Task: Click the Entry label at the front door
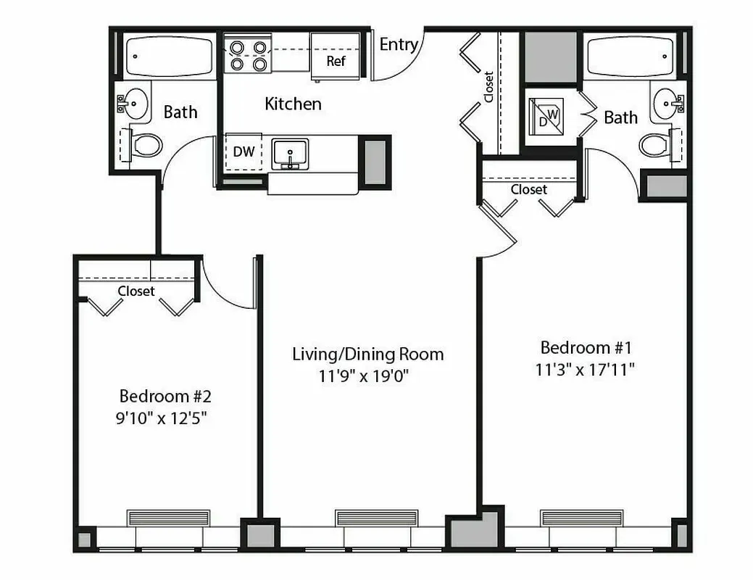point(399,45)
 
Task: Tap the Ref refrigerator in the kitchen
point(336,57)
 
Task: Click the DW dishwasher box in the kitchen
point(244,152)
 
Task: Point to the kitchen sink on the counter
point(290,154)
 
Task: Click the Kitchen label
point(293,104)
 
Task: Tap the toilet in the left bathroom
point(146,145)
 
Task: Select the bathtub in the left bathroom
point(169,57)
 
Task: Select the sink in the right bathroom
point(667,106)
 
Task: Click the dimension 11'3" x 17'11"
point(586,369)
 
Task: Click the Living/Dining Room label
point(367,355)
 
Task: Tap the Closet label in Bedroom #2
point(136,291)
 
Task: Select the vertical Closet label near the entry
point(489,86)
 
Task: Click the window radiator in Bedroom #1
point(582,518)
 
